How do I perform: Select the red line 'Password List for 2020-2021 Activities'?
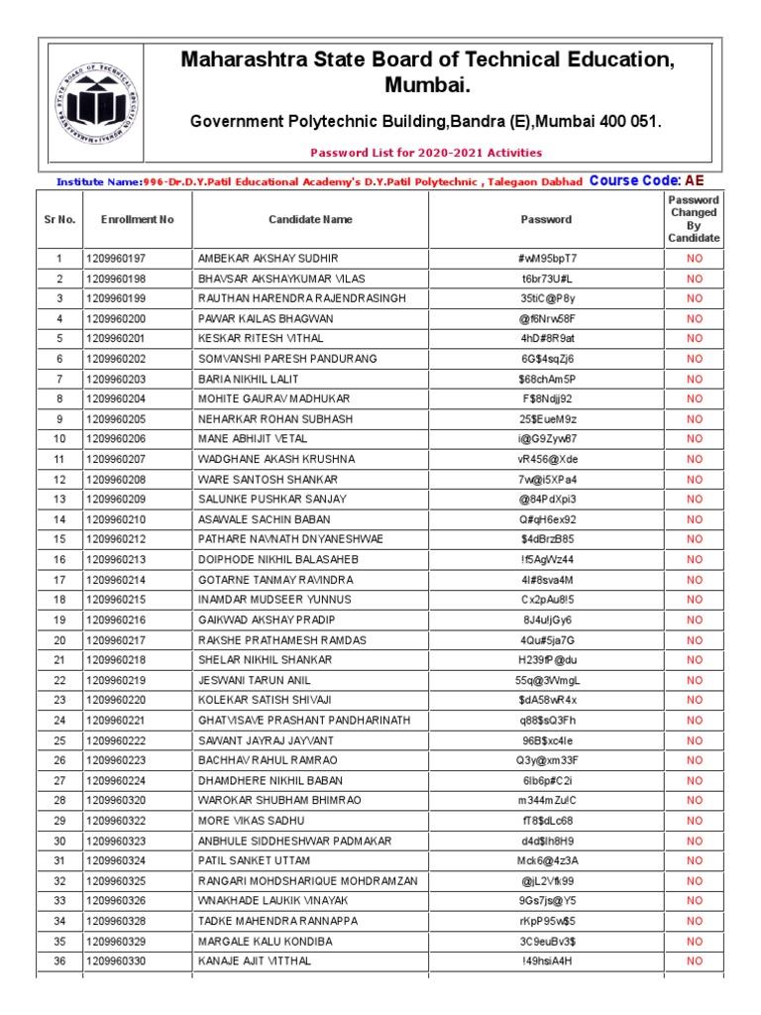pyautogui.click(x=426, y=153)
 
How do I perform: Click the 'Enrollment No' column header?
pyautogui.click(x=137, y=219)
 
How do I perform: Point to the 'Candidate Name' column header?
pyautogui.click(x=310, y=219)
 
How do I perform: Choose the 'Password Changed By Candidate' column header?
pyautogui.click(x=694, y=219)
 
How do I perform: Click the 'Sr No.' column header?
pyautogui.click(x=59, y=219)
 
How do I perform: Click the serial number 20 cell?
pyautogui.click(x=59, y=640)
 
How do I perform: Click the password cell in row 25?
pyautogui.click(x=546, y=740)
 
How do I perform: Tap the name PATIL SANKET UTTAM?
pyautogui.click(x=255, y=860)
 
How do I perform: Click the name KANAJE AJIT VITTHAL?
pyautogui.click(x=255, y=961)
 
